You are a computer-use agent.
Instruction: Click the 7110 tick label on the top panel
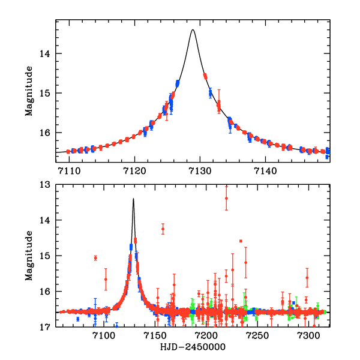coord(69,170)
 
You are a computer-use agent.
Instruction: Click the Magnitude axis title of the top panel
coord(28,90)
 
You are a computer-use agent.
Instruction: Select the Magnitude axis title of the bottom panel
coord(28,256)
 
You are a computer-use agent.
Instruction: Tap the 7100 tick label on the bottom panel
coord(104,335)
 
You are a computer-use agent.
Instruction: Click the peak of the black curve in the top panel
coord(193,29)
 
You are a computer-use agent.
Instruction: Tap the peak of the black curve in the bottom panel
coord(133,199)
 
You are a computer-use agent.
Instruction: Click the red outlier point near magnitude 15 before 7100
coord(95,258)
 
